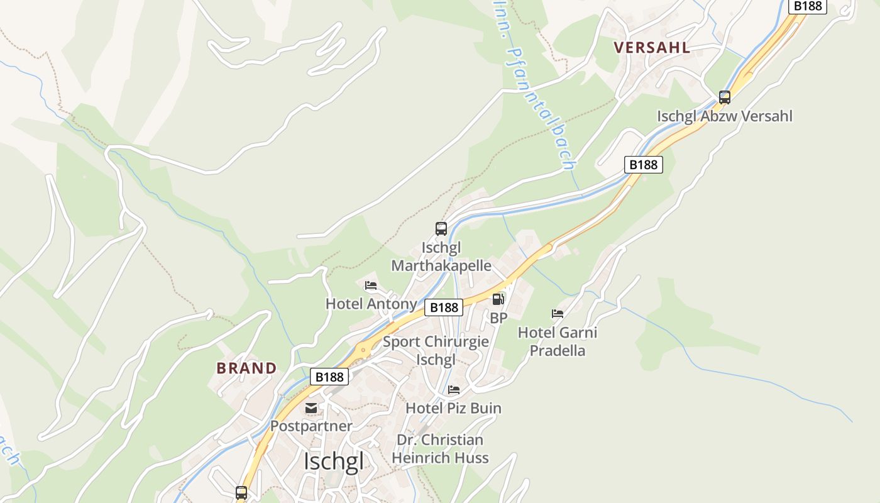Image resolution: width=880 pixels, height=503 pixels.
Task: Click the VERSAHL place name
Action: click(652, 47)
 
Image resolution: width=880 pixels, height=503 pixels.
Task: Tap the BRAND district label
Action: click(246, 368)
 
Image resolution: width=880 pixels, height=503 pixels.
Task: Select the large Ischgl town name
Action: click(333, 462)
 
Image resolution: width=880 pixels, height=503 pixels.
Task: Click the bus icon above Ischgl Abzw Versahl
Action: click(725, 97)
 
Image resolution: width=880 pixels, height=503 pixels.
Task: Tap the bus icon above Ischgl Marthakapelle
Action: click(441, 229)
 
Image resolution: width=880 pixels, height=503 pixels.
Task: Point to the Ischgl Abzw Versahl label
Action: click(725, 116)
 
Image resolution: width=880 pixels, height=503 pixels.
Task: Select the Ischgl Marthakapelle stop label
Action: click(441, 257)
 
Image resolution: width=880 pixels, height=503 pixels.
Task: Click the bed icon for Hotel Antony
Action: click(371, 285)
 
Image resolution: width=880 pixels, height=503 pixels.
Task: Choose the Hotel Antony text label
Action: click(371, 304)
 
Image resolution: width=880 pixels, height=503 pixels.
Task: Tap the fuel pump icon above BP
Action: click(498, 299)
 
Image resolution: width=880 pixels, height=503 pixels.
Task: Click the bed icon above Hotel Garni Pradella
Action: click(558, 313)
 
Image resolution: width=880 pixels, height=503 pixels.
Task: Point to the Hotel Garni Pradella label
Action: click(558, 341)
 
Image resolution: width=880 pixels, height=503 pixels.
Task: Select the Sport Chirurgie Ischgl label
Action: click(436, 351)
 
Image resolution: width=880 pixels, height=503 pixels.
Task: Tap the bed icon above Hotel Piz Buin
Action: click(454, 390)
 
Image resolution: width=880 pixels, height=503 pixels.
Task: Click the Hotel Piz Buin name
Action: click(454, 408)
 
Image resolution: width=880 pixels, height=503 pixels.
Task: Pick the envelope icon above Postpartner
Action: click(311, 408)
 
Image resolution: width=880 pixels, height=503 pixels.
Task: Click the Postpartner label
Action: click(311, 426)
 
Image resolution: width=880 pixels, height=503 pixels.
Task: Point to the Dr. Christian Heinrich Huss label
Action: click(440, 448)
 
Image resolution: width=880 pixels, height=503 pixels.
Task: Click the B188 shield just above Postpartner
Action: click(329, 377)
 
